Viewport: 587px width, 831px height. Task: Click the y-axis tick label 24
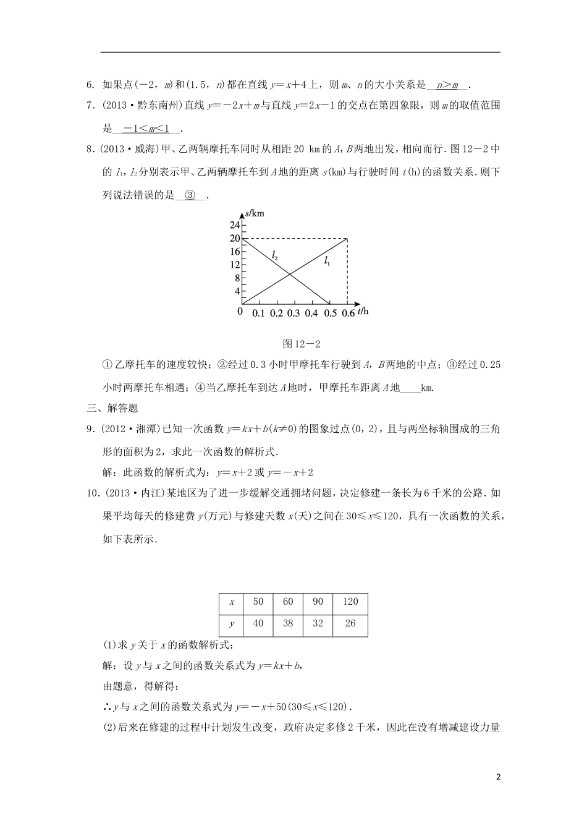(x=234, y=225)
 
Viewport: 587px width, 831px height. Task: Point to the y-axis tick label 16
(x=234, y=252)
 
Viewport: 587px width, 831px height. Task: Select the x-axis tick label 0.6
(x=348, y=313)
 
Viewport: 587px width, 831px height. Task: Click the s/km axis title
(x=255, y=213)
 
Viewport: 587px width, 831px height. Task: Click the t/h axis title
(x=363, y=312)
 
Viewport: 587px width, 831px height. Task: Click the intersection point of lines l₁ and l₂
(x=289, y=275)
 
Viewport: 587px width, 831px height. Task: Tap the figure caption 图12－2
(x=294, y=344)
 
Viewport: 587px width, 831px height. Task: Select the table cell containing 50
(x=258, y=602)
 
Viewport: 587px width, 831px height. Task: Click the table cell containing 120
(x=350, y=602)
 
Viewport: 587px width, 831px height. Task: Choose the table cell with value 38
(x=288, y=623)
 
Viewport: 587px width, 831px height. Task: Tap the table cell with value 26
(x=350, y=623)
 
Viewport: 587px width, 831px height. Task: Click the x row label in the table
(x=232, y=602)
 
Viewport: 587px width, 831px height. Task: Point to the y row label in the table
(x=232, y=623)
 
